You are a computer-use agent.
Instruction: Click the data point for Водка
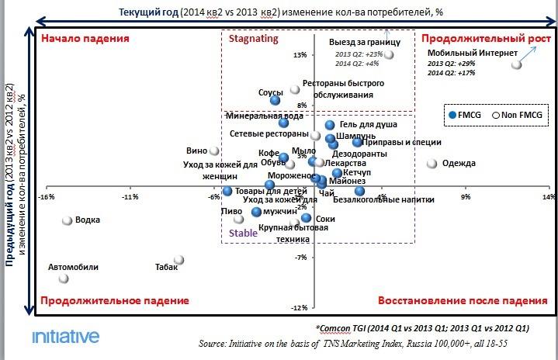tap(68, 220)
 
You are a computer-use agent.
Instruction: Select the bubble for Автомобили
tap(64, 279)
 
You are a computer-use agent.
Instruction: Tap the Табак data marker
tap(178, 260)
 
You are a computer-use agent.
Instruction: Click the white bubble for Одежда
tap(431, 164)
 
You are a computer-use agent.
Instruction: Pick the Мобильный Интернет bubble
tap(516, 65)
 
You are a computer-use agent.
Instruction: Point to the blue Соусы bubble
tap(275, 100)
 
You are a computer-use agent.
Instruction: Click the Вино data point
tap(215, 151)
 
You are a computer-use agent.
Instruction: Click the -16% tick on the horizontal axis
tap(46, 196)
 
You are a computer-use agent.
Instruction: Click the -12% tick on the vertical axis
tap(300, 308)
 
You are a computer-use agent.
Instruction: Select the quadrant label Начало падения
tap(85, 37)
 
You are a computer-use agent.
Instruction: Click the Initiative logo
tap(65, 336)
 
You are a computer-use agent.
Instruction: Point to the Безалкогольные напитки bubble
tap(359, 191)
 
